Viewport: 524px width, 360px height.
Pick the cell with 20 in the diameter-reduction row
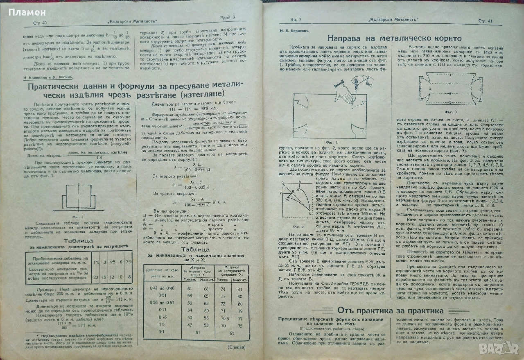[x=95, y=277]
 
